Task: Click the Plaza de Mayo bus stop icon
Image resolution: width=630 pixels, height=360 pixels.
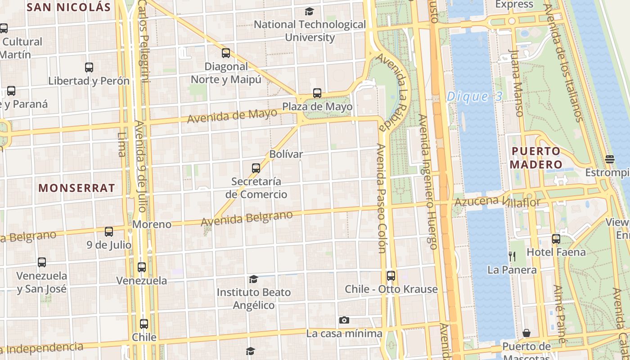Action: [x=317, y=93]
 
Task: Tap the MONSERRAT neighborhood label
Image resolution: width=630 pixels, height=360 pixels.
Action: [x=76, y=188]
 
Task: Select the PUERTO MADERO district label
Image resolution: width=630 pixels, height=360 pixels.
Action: [x=535, y=157]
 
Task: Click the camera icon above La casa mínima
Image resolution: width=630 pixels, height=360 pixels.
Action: [x=344, y=320]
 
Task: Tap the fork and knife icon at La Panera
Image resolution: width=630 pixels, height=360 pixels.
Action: [x=512, y=256]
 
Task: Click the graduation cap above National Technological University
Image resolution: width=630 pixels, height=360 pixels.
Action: [x=309, y=11]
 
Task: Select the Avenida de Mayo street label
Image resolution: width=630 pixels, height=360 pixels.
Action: [x=232, y=116]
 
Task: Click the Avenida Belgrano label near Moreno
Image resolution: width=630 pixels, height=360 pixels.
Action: [x=247, y=219]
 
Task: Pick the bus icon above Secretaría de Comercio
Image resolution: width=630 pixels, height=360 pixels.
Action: [x=256, y=168]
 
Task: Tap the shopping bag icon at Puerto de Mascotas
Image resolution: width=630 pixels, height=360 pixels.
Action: [x=526, y=333]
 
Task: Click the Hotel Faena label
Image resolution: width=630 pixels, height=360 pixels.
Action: [x=556, y=252]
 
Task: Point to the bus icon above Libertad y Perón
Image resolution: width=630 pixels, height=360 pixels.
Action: [x=89, y=67]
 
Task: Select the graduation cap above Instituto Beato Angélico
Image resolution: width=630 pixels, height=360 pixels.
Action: [x=253, y=279]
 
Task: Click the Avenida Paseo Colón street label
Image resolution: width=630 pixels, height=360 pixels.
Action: [x=381, y=198]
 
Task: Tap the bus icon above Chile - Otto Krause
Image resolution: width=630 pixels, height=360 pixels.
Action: [x=391, y=275]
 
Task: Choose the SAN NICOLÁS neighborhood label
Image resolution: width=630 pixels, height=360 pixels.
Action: [x=68, y=7]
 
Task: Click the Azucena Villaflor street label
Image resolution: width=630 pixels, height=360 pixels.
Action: [x=497, y=202]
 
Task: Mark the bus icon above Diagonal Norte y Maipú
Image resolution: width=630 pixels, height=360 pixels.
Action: [x=226, y=53]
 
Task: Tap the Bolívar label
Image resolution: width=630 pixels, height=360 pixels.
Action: [x=286, y=154]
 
